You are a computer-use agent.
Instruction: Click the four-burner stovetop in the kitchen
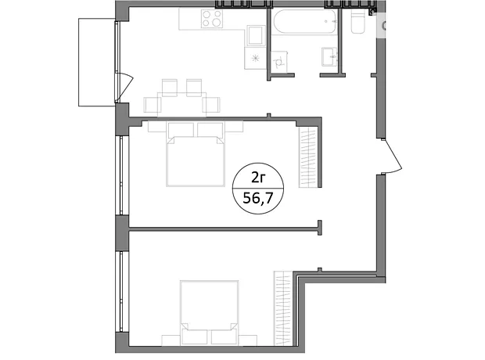click(212, 19)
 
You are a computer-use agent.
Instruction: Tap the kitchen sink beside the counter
click(256, 35)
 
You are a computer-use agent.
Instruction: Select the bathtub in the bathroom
click(304, 22)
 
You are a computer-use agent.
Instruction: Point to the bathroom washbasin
click(330, 56)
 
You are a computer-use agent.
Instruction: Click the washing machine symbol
click(279, 60)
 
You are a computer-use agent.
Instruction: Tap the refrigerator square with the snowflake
click(255, 58)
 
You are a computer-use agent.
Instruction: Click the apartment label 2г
click(257, 178)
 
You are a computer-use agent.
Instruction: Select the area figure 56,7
click(258, 198)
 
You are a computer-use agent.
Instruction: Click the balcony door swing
click(125, 88)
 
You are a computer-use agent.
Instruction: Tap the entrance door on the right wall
click(391, 156)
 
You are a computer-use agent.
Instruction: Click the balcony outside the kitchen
click(97, 63)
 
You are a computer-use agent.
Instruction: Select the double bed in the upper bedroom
click(196, 154)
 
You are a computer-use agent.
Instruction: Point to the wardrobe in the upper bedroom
click(308, 158)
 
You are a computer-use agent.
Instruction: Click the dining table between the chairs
click(181, 105)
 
